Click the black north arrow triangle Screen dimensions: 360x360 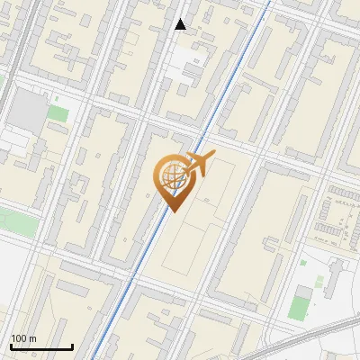point(181,24)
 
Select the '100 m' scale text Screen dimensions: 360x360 point(23,338)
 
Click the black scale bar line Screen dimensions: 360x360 point(41,346)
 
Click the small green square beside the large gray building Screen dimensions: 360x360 point(58,113)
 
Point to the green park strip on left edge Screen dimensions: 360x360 point(13,219)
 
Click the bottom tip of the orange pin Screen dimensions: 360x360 point(171,211)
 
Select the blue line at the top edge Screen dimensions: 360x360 point(267,4)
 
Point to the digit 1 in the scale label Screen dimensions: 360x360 point(13,338)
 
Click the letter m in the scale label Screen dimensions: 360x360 point(32,339)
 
